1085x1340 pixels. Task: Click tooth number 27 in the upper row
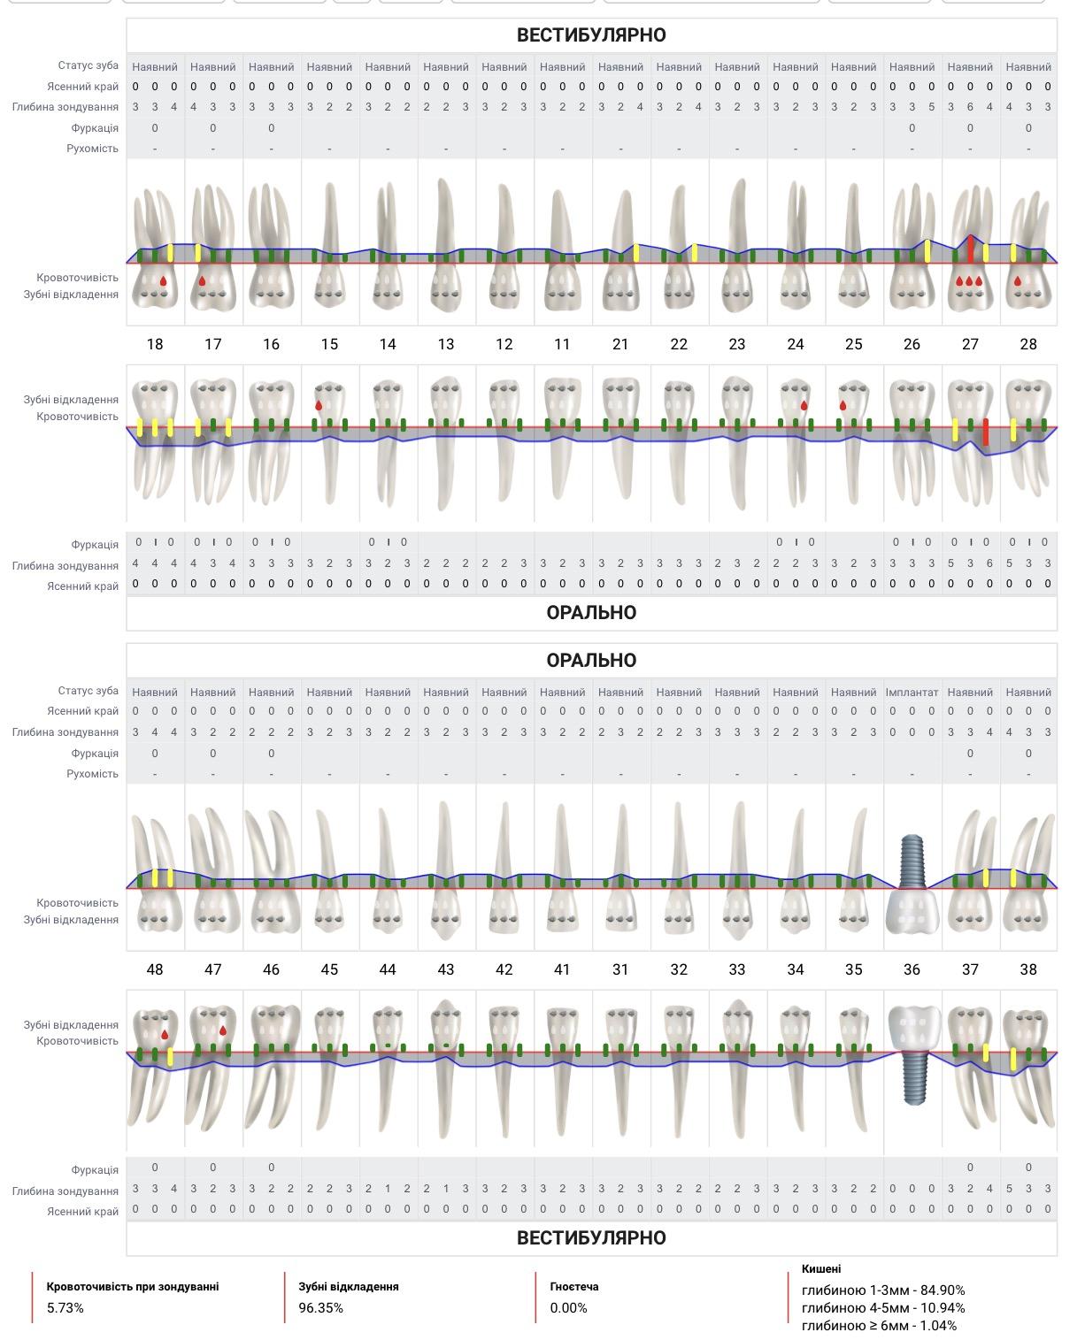pyautogui.click(x=970, y=344)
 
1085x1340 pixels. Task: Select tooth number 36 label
pyautogui.click(x=912, y=969)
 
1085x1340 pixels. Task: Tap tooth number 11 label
pyautogui.click(x=562, y=344)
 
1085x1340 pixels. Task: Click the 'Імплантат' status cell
pyautogui.click(x=912, y=692)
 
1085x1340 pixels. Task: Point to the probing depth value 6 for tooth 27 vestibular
pyautogui.click(x=970, y=107)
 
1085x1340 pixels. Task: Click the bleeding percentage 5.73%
pyautogui.click(x=65, y=1308)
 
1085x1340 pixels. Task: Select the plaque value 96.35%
pyautogui.click(x=320, y=1308)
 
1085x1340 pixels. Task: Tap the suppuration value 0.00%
pyautogui.click(x=568, y=1308)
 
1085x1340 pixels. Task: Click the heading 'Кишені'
pyautogui.click(x=820, y=1269)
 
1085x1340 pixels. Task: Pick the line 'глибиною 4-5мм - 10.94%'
pyautogui.click(x=883, y=1308)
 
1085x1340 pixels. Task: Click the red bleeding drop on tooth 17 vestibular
pyautogui.click(x=202, y=281)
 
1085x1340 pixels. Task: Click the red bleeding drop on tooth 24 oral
pyautogui.click(x=804, y=406)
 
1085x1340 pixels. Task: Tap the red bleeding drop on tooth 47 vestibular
pyautogui.click(x=223, y=1030)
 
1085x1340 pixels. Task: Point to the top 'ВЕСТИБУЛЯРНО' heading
pyautogui.click(x=591, y=34)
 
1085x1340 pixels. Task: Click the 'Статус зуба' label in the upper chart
pyautogui.click(x=88, y=65)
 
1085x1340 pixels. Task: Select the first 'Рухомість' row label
pyautogui.click(x=93, y=149)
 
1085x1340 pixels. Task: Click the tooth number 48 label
pyautogui.click(x=155, y=969)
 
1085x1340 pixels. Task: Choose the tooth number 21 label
pyautogui.click(x=619, y=344)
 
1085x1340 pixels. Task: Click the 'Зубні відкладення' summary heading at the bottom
pyautogui.click(x=348, y=1287)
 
